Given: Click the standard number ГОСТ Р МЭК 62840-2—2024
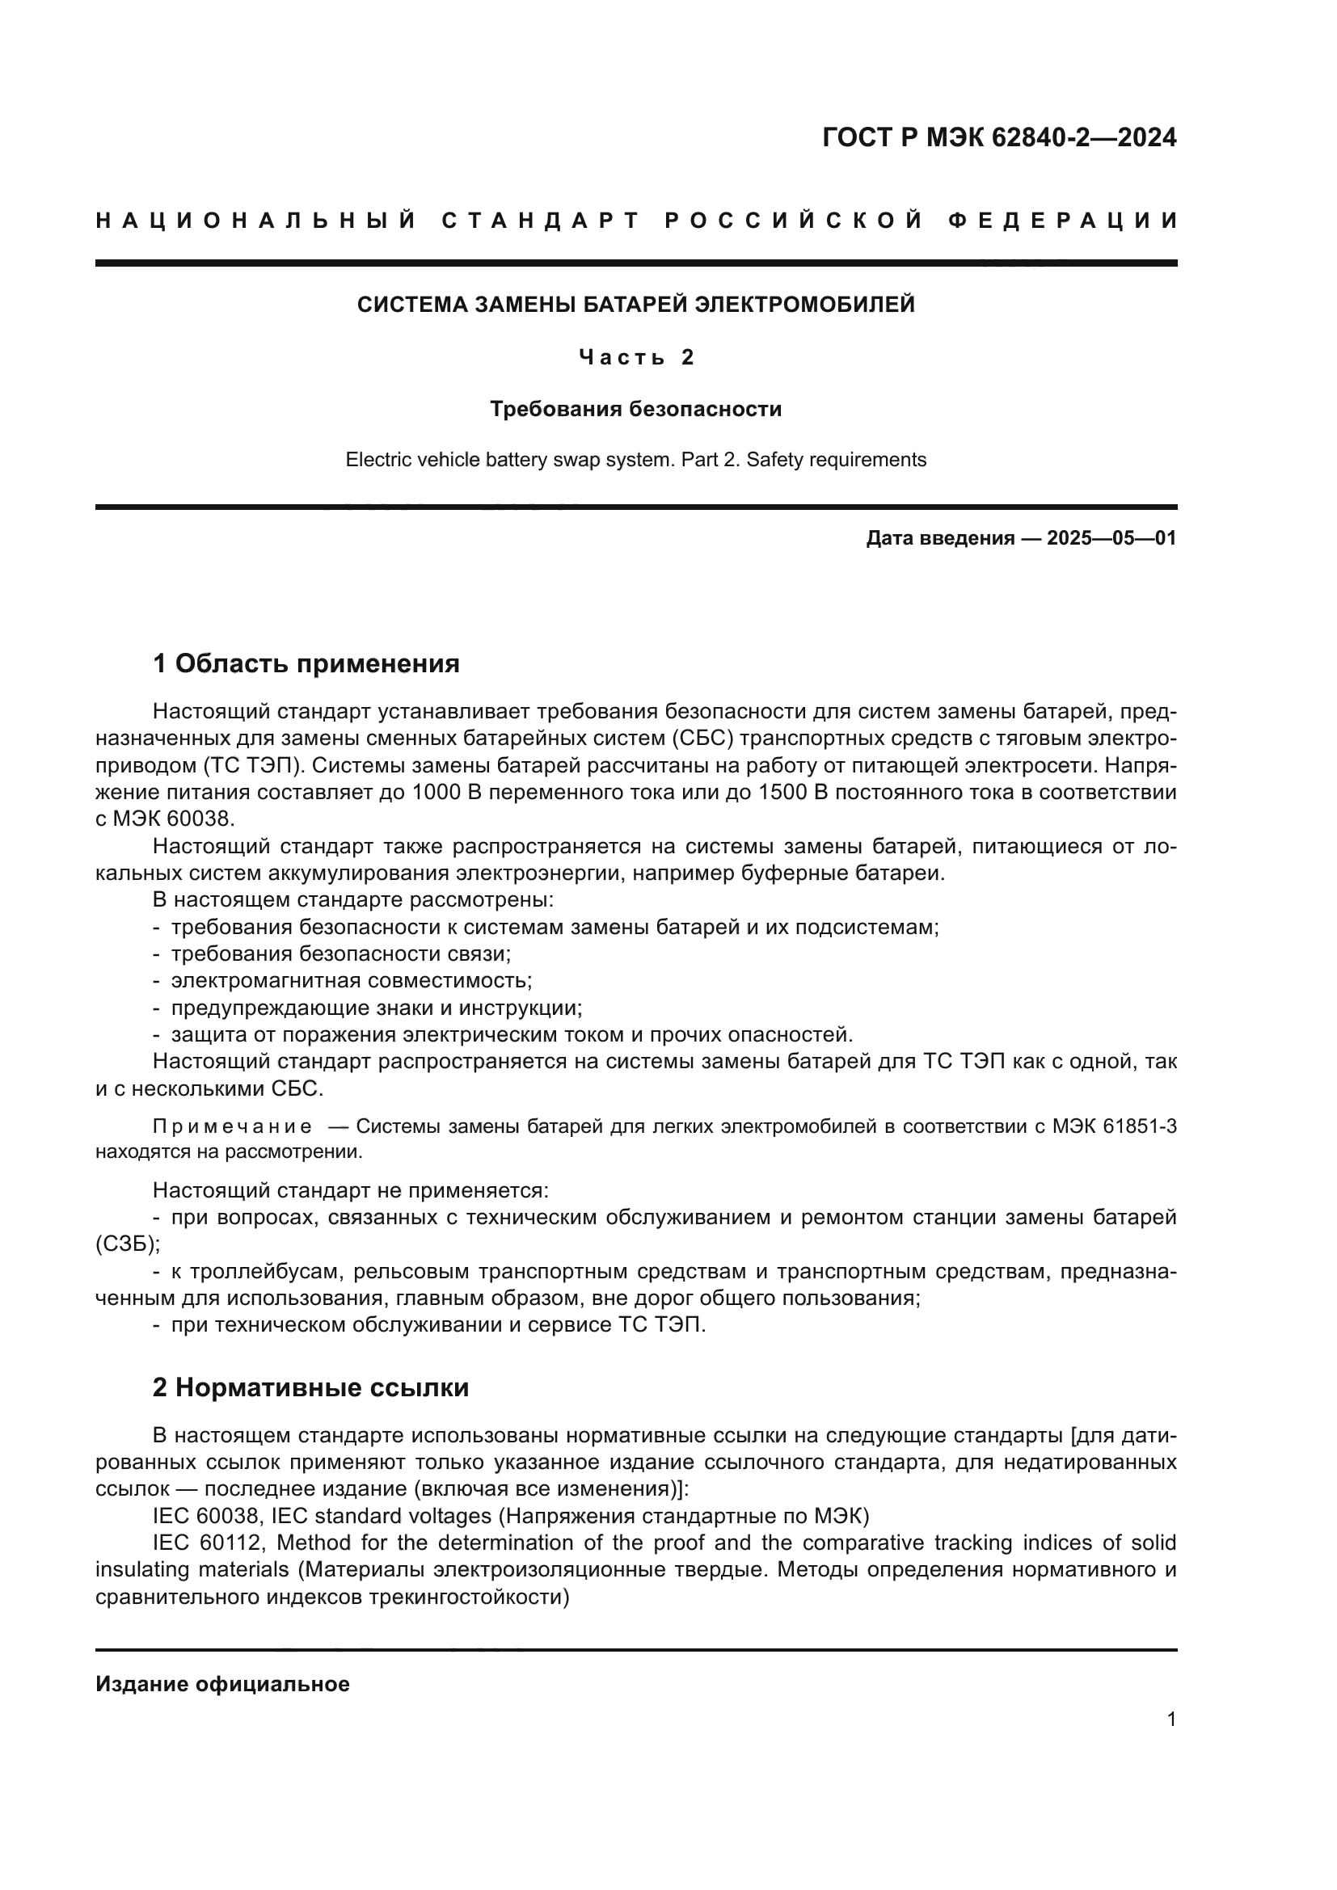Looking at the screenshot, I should [998, 137].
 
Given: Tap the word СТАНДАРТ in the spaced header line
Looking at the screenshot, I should [541, 221].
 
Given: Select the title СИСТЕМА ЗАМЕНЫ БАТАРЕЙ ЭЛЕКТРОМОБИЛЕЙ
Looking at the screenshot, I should [635, 305].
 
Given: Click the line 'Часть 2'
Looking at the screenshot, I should [635, 356].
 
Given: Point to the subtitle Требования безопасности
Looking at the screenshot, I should [635, 408].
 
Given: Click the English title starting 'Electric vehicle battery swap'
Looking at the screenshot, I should [635, 459].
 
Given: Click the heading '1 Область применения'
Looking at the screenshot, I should [306, 663].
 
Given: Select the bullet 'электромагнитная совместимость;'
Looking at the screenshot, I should [352, 980].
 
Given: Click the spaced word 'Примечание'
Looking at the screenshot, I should [232, 1126].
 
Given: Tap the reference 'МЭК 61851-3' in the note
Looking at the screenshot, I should [1114, 1126].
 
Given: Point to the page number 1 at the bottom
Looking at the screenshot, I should [1170, 1719].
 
